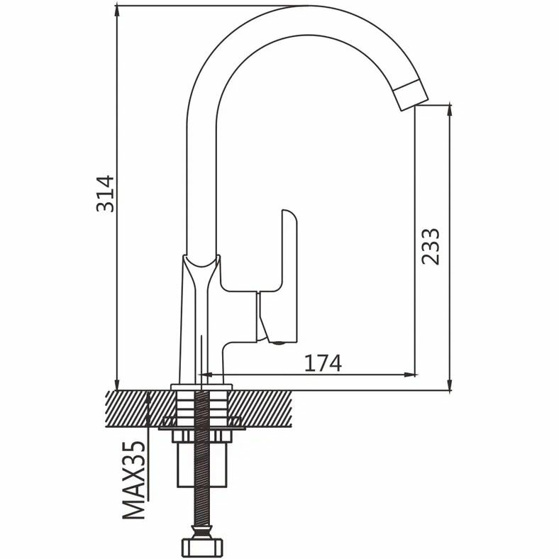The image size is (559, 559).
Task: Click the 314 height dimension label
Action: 105,192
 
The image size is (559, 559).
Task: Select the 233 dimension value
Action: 430,246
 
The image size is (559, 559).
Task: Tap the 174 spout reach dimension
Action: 323,362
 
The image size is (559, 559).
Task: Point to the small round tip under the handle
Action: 277,342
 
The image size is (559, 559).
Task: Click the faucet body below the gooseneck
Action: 202,312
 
